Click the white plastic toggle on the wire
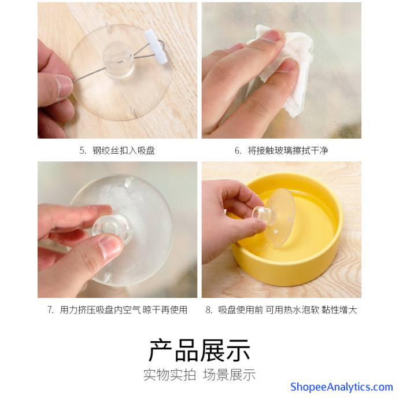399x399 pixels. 156,46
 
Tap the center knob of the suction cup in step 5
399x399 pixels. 119,60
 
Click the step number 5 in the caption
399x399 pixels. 83,151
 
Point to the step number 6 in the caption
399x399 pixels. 238,151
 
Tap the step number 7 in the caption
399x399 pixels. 50,310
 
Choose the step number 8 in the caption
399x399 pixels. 209,310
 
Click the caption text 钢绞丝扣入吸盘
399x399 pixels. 124,151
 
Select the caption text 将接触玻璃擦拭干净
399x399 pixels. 288,151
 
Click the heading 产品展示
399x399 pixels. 199,350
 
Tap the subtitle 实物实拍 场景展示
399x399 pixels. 199,375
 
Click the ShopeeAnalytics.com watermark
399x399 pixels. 342,387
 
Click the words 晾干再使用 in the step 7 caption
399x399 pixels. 165,310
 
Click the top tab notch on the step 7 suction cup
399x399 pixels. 128,182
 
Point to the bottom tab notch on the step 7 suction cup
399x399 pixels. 107,277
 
